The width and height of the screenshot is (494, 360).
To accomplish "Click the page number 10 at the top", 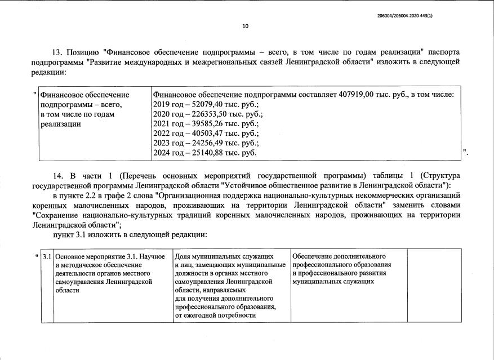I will [x=245, y=26].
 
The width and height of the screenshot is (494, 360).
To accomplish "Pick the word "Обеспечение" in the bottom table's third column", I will [x=313, y=256].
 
